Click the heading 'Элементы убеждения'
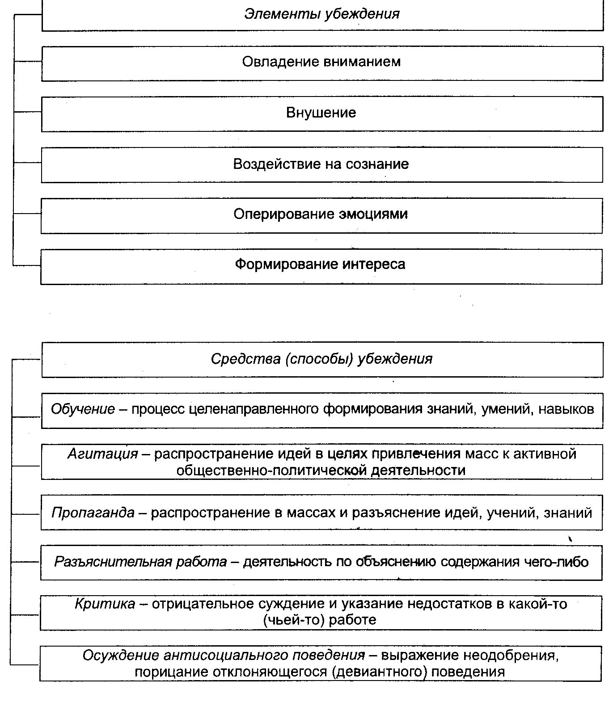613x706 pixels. (321, 14)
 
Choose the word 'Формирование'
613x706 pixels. (287, 264)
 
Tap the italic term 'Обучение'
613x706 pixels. (83, 409)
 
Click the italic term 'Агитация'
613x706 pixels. (103, 454)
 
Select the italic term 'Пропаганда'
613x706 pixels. (93, 513)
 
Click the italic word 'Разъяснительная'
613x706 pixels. (113, 562)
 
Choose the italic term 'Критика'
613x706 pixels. (105, 604)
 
